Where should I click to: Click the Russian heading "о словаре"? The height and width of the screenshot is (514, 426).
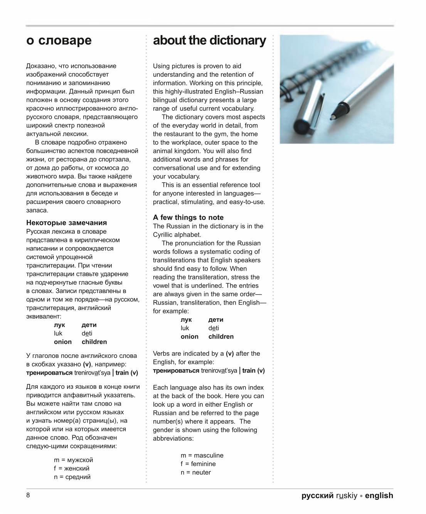59,41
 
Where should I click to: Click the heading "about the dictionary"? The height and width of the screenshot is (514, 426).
209,41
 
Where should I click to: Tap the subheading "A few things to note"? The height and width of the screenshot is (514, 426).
188,218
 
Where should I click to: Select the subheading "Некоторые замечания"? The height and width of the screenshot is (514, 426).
66,223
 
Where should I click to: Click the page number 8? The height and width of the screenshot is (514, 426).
28,495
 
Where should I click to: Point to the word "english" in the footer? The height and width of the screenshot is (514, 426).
379,496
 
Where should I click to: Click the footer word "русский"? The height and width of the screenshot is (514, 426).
317,496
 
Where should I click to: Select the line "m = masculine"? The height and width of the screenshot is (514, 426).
202,456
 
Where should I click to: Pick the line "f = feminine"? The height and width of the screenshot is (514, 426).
198,464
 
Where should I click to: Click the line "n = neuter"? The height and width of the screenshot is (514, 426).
196,473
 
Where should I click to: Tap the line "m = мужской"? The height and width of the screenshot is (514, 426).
74,460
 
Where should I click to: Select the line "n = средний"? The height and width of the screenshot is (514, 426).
72,477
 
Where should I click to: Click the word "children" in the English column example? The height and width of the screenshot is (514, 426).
221,337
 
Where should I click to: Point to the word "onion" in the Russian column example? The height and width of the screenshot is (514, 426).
63,342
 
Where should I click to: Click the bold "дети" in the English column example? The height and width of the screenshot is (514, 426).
216,320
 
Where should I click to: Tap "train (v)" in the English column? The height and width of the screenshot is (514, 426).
253,371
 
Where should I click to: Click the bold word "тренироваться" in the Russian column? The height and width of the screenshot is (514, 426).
49,373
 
